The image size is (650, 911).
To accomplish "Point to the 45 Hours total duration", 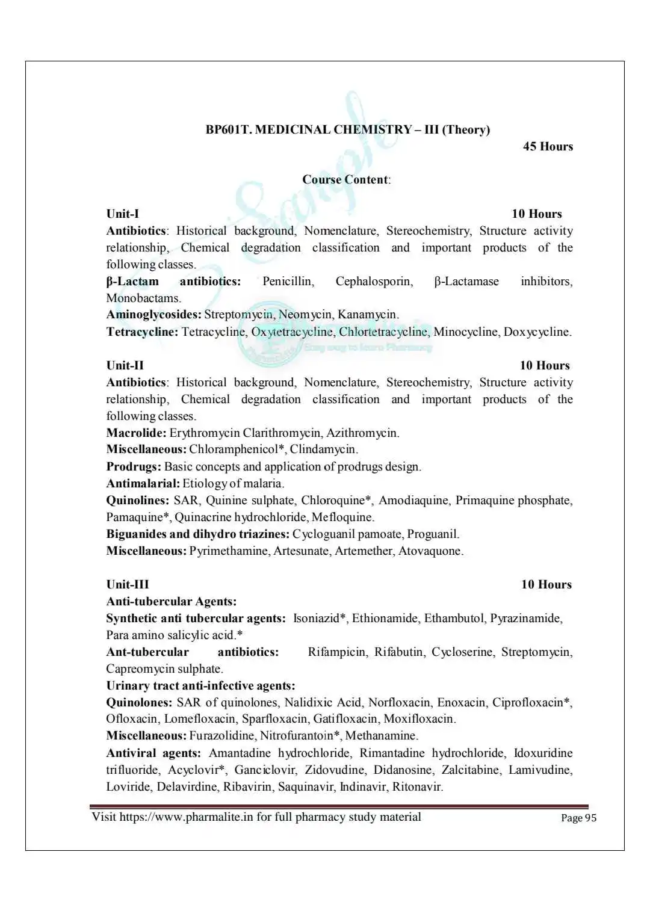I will click(x=548, y=146).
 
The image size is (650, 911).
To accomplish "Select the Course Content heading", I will click(x=346, y=179).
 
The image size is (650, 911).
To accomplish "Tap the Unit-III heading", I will click(x=128, y=584).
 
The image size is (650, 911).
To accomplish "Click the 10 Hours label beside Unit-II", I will click(x=544, y=365).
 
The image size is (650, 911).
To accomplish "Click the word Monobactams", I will click(x=143, y=298).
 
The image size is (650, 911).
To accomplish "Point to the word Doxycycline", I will click(x=537, y=332).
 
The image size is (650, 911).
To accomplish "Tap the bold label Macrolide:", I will click(x=136, y=433).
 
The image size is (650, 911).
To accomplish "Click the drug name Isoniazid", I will click(x=318, y=618).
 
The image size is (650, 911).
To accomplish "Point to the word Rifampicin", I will click(x=337, y=652).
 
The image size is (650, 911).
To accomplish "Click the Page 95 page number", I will click(x=578, y=818).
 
